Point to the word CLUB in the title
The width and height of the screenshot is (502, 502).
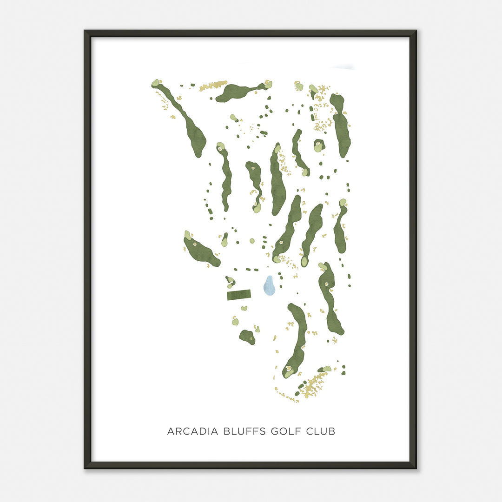point(321,431)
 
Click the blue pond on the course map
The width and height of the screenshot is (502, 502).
point(269,286)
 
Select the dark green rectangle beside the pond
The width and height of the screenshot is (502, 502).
point(239,295)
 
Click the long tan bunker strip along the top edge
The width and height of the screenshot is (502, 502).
point(213,86)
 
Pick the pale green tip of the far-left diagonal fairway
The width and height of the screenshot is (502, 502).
point(155,83)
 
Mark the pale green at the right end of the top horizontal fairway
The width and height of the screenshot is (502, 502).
point(268,84)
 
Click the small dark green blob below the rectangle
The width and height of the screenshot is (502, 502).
point(247,337)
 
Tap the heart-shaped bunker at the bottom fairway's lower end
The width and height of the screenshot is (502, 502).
point(289,370)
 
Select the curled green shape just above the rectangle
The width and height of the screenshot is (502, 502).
point(230,282)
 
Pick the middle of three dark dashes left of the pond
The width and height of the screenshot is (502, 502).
point(248,269)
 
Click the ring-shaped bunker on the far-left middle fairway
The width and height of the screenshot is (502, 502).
point(195,244)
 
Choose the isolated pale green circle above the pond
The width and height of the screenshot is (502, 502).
point(252,241)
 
